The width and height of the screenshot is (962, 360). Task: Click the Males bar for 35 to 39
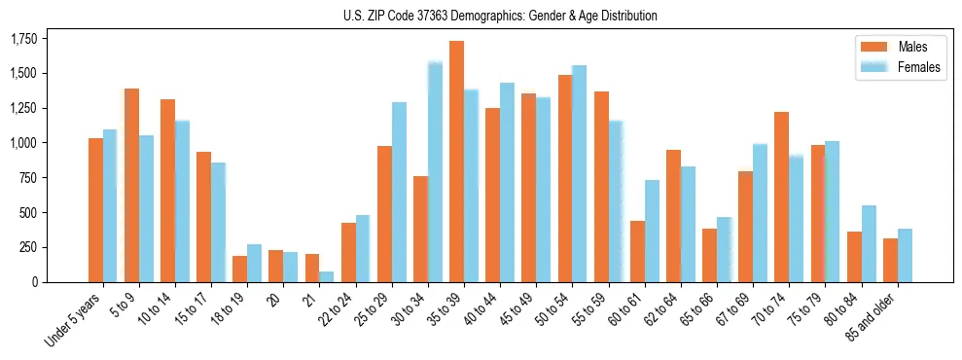pos(456,162)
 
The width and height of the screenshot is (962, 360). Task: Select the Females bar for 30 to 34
pos(435,172)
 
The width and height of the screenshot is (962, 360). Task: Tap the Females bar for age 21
pos(327,276)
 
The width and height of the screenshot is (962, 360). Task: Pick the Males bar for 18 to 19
pos(239,269)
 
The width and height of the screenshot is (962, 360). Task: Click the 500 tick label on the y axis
pos(29,213)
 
